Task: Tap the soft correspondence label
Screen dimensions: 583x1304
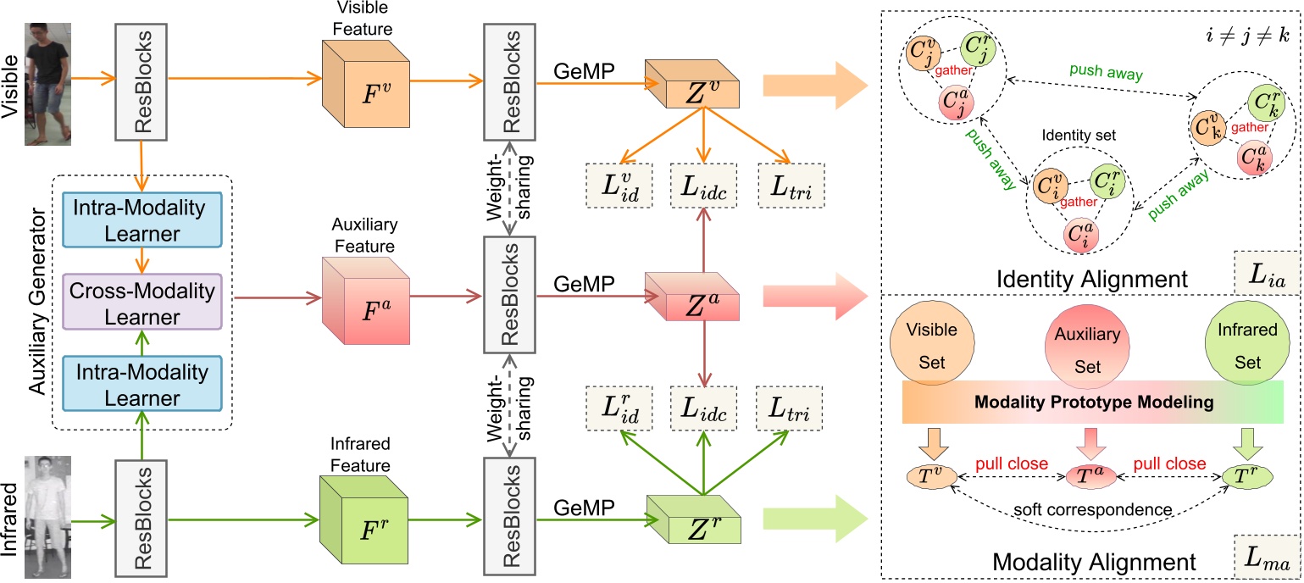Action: pyautogui.click(x=1092, y=511)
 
